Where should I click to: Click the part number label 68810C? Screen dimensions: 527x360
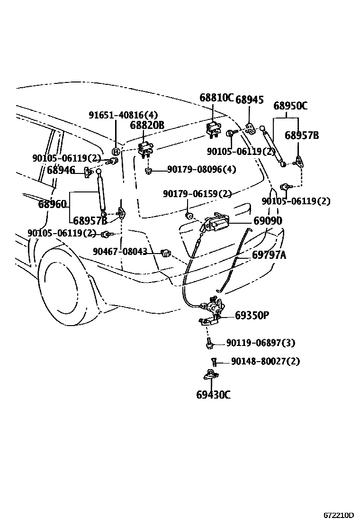[216, 98]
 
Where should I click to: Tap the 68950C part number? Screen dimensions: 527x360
[290, 106]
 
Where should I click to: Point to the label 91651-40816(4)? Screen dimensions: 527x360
[123, 115]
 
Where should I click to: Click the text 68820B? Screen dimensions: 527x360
[147, 126]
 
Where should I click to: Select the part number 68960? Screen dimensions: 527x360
[52, 205]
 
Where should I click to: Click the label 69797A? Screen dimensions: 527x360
[269, 255]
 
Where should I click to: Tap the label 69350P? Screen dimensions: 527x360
[252, 315]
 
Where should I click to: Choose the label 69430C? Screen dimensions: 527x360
[213, 394]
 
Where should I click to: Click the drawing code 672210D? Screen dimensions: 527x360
[339, 515]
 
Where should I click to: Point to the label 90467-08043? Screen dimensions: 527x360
[120, 252]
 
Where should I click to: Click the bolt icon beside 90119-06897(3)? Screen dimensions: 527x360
[208, 344]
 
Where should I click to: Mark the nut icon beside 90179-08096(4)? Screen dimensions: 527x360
[148, 170]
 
